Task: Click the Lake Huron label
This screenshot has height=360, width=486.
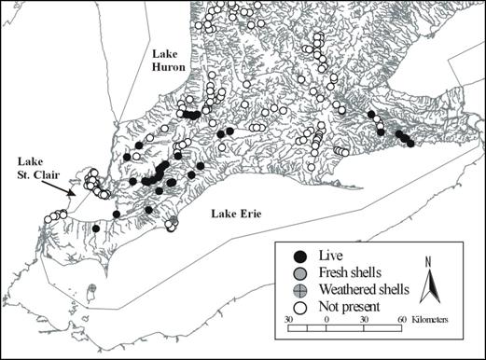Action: click(x=170, y=62)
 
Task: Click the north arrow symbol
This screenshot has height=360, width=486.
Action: click(x=429, y=284)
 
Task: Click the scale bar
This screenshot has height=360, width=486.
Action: click(x=344, y=327)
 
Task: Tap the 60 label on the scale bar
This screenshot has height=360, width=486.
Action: click(x=401, y=319)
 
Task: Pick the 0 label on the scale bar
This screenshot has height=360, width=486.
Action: click(x=326, y=319)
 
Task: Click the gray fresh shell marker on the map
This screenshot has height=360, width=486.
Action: click(x=173, y=221)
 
